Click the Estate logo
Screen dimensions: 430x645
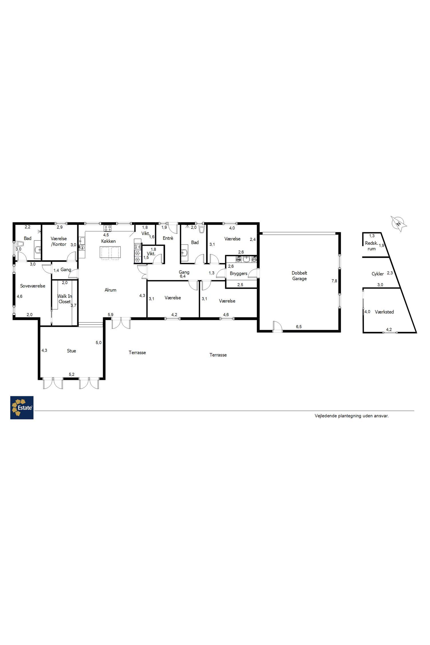point(22,407)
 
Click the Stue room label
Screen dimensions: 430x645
point(71,351)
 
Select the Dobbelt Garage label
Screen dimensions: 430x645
point(299,276)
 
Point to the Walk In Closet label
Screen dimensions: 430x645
point(64,299)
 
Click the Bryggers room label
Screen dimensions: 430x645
point(239,274)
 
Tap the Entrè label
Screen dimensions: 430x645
point(168,238)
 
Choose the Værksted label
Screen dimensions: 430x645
point(384,312)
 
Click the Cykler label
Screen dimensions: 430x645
point(378,274)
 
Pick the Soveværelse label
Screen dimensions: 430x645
point(33,286)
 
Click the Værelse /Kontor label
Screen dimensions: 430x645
point(59,241)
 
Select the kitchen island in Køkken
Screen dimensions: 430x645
point(110,252)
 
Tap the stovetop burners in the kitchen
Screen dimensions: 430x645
point(107,228)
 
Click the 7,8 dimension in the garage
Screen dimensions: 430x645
point(334,281)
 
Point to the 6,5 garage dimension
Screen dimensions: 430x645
point(299,327)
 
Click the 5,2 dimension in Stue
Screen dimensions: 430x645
point(72,374)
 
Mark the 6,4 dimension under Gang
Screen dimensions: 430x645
point(183,276)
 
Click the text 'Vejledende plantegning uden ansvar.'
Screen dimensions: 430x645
point(352,416)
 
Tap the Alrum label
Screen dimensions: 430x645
point(110,290)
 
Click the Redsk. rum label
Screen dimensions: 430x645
point(372,246)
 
